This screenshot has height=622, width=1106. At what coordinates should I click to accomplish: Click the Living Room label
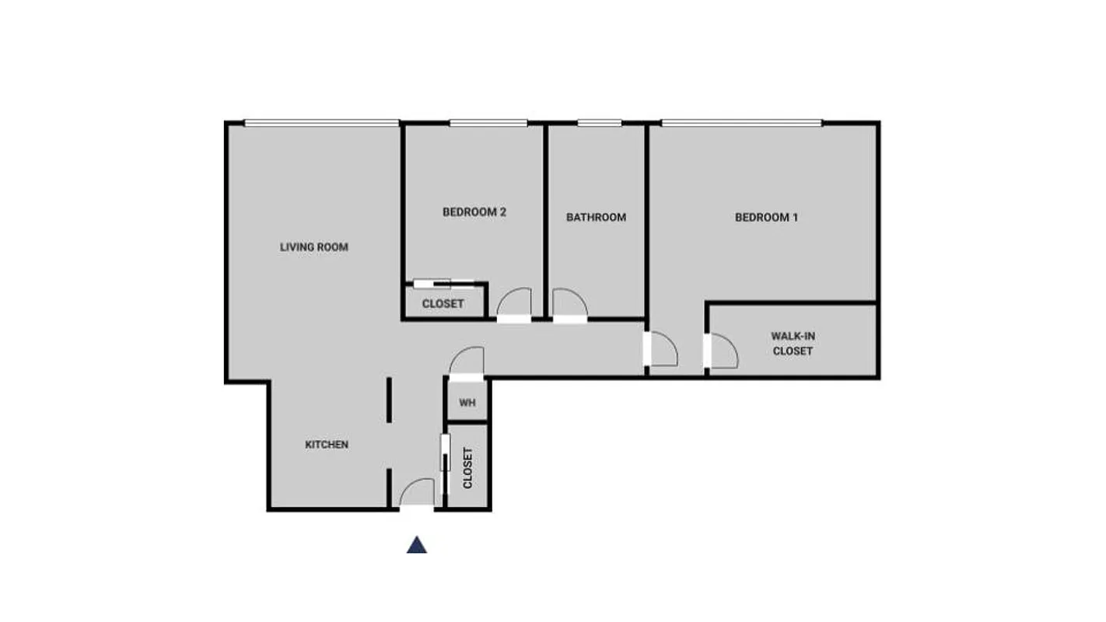pos(314,247)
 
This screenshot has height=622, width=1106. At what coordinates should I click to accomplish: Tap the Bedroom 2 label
pos(474,211)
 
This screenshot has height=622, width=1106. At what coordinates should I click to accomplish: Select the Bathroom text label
pos(596,218)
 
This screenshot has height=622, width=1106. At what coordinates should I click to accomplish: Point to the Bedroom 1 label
pos(766,218)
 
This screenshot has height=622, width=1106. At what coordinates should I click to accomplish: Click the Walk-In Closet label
pos(793,344)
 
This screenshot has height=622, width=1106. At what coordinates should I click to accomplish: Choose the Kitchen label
pos(327,445)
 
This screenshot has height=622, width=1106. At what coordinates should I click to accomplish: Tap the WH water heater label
pos(467,403)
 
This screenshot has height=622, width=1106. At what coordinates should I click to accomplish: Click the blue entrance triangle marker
pos(417,545)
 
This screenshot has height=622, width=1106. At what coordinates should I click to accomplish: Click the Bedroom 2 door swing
pos(515,302)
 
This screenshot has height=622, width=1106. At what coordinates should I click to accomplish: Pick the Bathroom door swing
pos(569,302)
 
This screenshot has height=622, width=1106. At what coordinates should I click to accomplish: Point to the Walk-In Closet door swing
pos(723,351)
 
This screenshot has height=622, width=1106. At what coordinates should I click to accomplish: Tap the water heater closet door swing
pos(467,362)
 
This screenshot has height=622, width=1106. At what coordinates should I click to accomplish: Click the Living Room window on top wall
pos(321,123)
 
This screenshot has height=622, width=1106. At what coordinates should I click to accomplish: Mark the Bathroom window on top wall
pos(599,123)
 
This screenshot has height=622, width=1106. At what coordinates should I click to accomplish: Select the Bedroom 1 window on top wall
pos(741,123)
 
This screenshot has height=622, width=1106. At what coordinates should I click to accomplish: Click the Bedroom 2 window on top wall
pos(488,123)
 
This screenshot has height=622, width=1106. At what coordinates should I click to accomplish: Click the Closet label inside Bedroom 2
pos(443,304)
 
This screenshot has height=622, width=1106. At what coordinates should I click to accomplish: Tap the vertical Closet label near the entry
pos(468,468)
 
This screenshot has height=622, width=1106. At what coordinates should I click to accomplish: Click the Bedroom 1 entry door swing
pos(663,349)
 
